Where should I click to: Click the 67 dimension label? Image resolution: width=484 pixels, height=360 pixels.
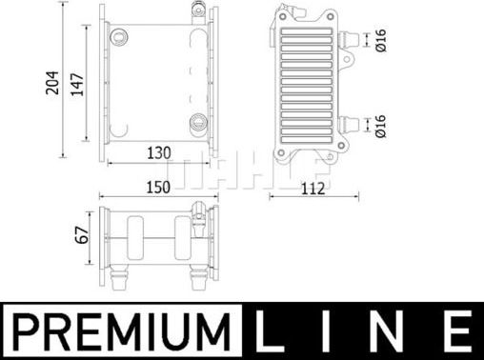click(82, 232)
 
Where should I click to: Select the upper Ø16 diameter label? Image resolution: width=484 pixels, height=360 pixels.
click(380, 40)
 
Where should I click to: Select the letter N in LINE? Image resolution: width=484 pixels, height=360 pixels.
click(394, 332)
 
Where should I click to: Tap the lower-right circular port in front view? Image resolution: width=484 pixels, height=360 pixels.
click(198, 121)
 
